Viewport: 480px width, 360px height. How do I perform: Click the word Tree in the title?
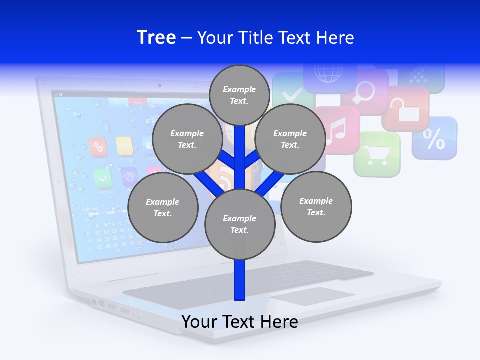click(x=156, y=37)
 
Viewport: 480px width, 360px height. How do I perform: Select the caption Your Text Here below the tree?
click(x=240, y=322)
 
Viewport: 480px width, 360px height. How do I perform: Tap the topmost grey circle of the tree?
click(x=239, y=95)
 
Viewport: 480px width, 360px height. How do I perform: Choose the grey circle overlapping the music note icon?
click(x=290, y=139)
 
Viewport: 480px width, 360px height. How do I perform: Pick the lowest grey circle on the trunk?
click(x=240, y=224)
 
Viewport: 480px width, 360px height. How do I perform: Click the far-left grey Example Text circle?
click(x=163, y=207)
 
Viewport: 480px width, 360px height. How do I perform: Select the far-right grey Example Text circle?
click(x=316, y=206)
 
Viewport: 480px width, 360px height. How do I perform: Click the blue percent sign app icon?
click(x=434, y=138)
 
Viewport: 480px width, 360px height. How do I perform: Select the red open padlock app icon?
click(x=406, y=108)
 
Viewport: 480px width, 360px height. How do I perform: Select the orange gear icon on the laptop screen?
click(x=98, y=146)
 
